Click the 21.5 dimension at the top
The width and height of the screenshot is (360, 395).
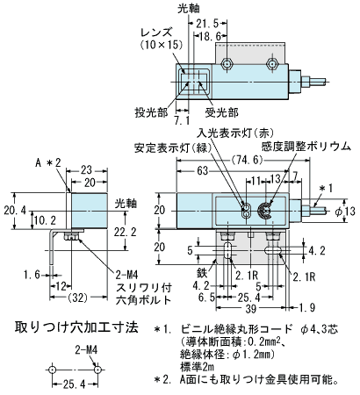pos(207,23)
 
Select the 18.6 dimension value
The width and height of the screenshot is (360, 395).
pos(210,37)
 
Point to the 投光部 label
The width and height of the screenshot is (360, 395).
pos(151,112)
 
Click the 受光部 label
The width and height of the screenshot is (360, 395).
pos(221,112)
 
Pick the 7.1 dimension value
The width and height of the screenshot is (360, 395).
pos(182,121)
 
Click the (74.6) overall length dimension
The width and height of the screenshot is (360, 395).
pos(246,160)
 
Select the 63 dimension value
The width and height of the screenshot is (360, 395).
pos(202,170)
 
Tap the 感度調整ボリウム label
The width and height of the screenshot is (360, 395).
pos(306,146)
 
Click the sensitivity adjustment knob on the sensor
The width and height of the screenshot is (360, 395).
pos(265,211)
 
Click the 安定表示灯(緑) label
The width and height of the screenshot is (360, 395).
pos(173,148)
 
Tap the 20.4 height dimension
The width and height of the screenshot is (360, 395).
pos(15,210)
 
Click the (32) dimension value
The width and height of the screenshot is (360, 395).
pos(79,298)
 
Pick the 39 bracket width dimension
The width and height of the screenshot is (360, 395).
pos(251,308)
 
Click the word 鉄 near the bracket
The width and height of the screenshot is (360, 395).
pos(202,273)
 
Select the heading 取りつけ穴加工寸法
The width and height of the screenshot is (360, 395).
pos(76,327)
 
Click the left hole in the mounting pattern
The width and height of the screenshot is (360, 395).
pos(53,370)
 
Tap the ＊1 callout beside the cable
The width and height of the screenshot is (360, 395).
pos(325,189)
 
